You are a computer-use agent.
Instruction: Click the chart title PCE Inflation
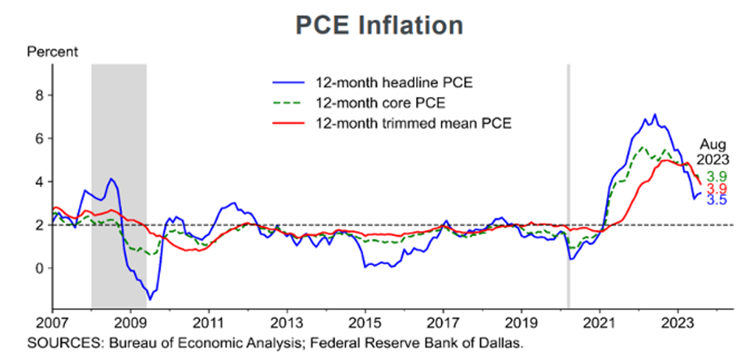point(379,25)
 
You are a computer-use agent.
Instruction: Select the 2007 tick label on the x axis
point(52,322)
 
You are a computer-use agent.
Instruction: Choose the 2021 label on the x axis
point(600,322)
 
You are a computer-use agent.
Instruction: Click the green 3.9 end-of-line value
point(717,176)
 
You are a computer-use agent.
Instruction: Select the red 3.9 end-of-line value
point(717,189)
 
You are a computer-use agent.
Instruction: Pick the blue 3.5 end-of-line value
point(717,200)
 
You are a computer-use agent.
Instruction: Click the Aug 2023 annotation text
point(714,151)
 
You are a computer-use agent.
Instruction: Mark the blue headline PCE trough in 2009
point(150,299)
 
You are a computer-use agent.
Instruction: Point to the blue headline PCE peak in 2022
point(654,115)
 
